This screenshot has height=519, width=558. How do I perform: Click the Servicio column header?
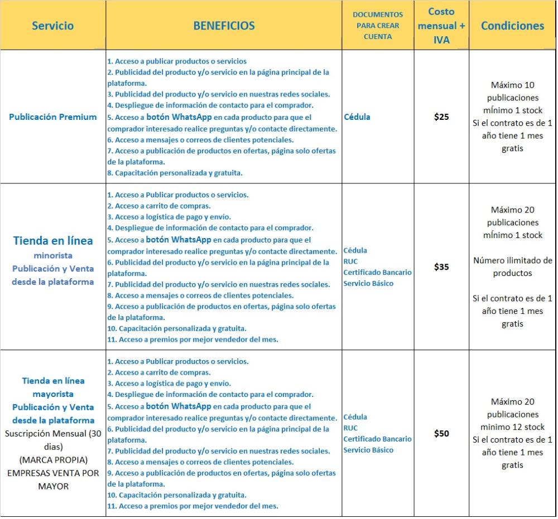(x=52, y=26)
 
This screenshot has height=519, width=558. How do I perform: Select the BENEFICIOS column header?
(x=224, y=26)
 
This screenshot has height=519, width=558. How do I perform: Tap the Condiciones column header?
(x=512, y=26)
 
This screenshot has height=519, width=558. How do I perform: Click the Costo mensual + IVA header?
(x=441, y=26)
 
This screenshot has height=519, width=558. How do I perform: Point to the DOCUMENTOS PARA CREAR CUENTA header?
(x=377, y=26)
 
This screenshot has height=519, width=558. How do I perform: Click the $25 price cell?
(x=441, y=117)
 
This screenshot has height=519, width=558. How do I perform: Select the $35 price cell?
(x=441, y=267)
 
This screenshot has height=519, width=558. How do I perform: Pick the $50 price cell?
(x=441, y=434)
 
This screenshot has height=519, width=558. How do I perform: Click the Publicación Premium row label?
(x=53, y=117)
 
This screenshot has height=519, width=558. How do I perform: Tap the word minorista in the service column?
(x=53, y=256)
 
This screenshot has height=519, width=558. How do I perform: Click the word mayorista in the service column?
(x=53, y=394)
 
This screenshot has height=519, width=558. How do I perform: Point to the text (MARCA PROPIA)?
(x=53, y=460)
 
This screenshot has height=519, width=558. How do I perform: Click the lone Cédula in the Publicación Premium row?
(x=357, y=117)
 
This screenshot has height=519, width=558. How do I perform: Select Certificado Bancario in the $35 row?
(x=377, y=273)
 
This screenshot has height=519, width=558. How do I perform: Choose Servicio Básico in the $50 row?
(x=368, y=450)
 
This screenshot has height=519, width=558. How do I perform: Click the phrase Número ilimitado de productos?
(x=512, y=266)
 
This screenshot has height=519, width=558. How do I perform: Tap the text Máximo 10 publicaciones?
(x=512, y=91)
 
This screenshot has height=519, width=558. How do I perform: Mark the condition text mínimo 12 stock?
(x=512, y=427)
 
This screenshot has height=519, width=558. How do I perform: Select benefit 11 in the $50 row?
(x=193, y=506)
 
